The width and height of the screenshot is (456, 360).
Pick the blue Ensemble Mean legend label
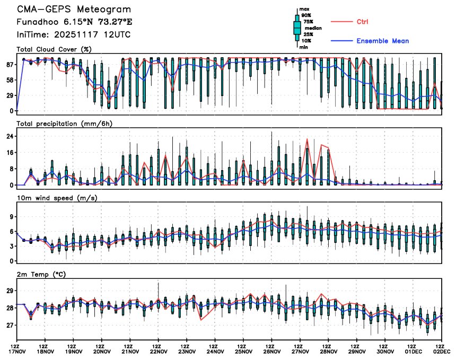click(x=382, y=41)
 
